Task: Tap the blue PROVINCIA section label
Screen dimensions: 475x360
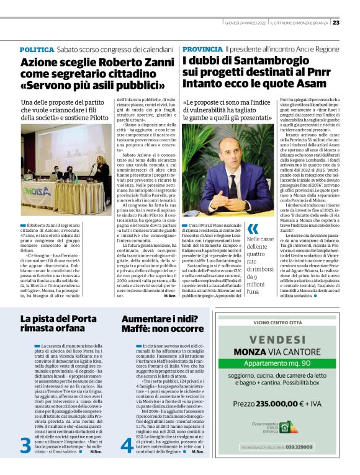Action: click(x=202, y=49)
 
